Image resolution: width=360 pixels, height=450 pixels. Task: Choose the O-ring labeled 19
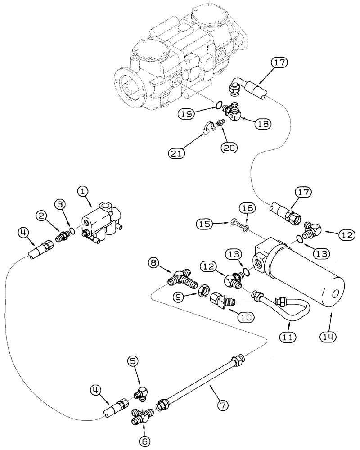[217, 106]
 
